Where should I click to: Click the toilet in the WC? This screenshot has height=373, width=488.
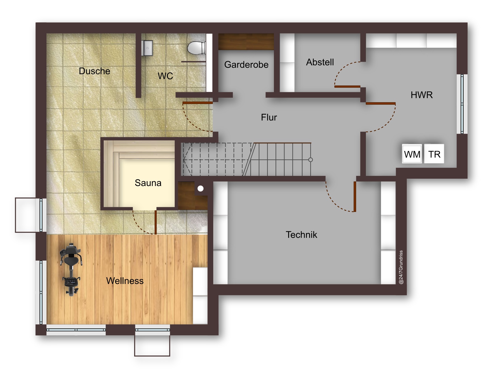[x=196, y=48]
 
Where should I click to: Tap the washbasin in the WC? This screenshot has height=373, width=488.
[x=147, y=48]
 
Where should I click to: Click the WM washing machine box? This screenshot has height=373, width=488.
[x=412, y=154]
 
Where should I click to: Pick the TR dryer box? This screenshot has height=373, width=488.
[x=434, y=154]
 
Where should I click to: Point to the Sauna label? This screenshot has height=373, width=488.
[x=148, y=183]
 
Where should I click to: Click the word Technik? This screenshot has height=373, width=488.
[x=301, y=235]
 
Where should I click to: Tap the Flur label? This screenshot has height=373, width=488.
[x=269, y=117]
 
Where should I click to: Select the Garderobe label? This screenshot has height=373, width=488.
[x=246, y=65]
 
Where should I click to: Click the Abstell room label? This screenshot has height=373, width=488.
[x=320, y=62]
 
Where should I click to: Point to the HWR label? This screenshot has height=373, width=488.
[x=421, y=95]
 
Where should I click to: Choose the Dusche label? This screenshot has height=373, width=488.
[x=94, y=71]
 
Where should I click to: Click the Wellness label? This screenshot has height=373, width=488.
[x=125, y=281]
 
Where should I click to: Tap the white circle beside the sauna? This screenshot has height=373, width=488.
[x=200, y=189]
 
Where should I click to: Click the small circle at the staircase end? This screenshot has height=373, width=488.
[x=311, y=160]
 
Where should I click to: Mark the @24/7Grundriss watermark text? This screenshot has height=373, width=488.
[x=401, y=267]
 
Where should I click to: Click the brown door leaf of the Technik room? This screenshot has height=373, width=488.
[x=355, y=197]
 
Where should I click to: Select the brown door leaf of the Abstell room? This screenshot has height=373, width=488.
[x=347, y=87]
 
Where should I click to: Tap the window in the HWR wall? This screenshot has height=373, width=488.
[x=462, y=104]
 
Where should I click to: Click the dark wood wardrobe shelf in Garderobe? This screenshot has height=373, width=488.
[x=246, y=42]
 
